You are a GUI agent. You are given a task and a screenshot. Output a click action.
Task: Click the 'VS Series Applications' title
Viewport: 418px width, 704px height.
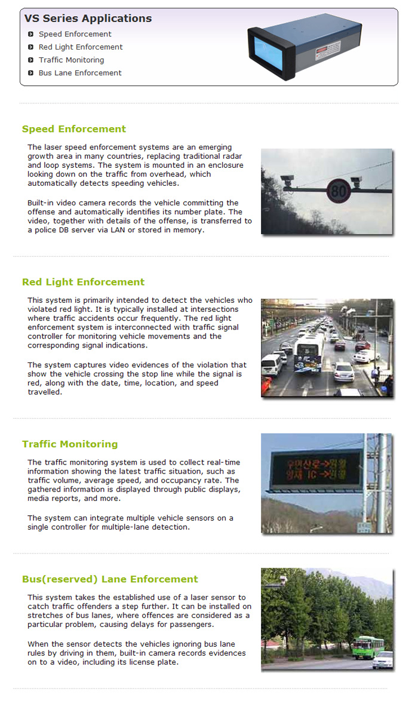[x=88, y=19]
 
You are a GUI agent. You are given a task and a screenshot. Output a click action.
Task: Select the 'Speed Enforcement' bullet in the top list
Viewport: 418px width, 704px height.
[x=75, y=34]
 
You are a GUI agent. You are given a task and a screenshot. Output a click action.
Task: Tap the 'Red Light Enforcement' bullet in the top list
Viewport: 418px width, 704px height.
[x=81, y=47]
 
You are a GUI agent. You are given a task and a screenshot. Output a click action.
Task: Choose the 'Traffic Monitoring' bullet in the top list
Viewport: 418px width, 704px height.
[x=71, y=60]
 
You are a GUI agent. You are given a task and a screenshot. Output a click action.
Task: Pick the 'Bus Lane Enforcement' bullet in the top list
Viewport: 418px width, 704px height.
[x=80, y=73]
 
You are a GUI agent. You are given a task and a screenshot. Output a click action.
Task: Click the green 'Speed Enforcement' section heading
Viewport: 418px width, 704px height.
[x=74, y=129]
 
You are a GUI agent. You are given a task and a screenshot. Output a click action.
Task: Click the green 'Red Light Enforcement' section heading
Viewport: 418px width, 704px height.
[x=83, y=282]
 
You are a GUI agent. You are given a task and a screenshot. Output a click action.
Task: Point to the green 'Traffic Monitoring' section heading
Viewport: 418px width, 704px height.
[x=70, y=444]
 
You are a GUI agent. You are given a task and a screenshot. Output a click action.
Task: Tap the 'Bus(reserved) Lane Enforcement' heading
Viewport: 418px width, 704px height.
[x=110, y=579]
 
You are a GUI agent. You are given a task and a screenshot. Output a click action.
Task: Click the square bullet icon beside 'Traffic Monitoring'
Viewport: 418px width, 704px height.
[x=31, y=60]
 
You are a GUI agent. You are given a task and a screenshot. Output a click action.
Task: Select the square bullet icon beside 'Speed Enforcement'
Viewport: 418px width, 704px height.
[x=31, y=35]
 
